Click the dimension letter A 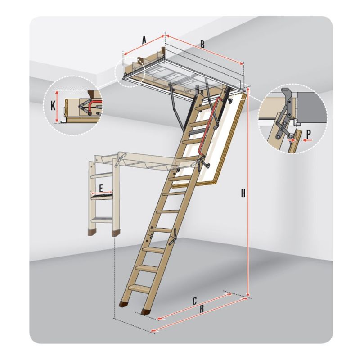click(144, 40)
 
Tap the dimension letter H click(243, 193)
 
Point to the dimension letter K click(53, 106)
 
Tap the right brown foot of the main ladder click(145, 311)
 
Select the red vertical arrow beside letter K click(58, 106)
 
